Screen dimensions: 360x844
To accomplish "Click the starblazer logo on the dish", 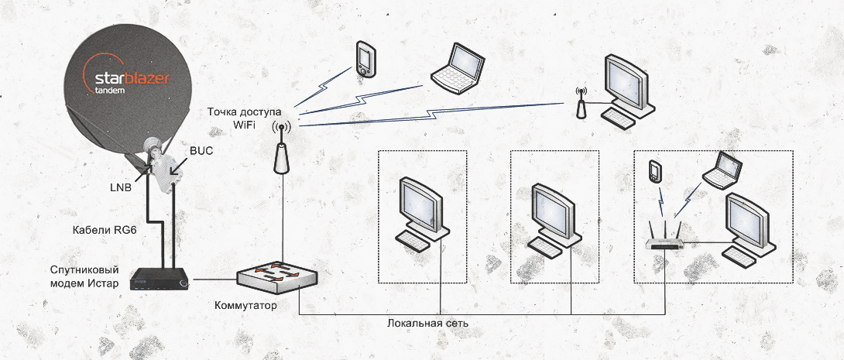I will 125,80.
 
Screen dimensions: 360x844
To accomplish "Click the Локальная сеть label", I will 427,321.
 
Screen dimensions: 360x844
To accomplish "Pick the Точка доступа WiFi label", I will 244,117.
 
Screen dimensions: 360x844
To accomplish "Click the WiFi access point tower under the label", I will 281,155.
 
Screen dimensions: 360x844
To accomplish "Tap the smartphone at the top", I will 365,59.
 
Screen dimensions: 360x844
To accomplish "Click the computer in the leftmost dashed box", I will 421,213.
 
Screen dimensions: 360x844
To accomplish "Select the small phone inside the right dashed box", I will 655,171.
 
